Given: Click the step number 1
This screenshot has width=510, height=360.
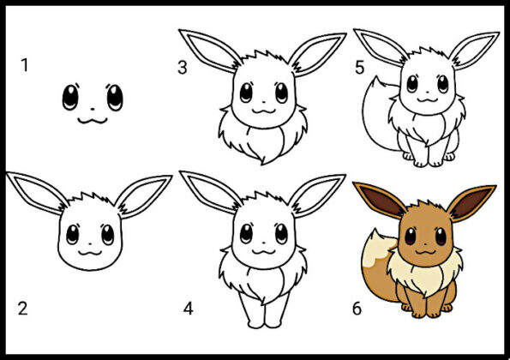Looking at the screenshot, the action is point(24,65).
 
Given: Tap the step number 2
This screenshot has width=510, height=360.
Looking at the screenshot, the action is point(23,309).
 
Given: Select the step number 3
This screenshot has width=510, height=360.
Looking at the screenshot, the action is point(183,68).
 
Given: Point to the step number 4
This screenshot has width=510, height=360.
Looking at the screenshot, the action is point(189,309).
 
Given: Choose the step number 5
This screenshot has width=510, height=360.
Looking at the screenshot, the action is point(359,68).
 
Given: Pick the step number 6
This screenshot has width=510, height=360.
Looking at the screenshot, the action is point(357,309).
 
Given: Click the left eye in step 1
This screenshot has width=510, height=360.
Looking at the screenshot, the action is point(70,97).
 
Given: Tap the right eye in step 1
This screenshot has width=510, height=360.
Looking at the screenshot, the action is point(115,97).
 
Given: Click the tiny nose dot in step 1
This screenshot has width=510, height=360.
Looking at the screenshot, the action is point(93,110).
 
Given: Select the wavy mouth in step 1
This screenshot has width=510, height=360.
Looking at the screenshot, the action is point(93,121).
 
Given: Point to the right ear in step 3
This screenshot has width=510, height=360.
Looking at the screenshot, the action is point(317,54).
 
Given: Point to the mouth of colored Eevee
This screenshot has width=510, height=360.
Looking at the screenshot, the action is point(426,252).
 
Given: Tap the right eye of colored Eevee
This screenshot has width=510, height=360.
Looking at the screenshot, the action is point(441,237).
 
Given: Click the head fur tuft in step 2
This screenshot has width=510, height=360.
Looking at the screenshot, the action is point(92,198).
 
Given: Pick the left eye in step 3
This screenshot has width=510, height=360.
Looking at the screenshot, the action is point(246,93).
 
